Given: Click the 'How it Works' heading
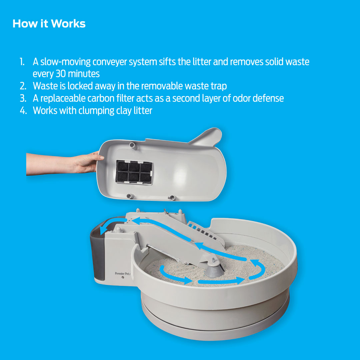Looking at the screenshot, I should (49, 24).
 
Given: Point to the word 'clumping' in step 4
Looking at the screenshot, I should (95, 111).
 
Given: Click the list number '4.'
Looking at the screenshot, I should (23, 111).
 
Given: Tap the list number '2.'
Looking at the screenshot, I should (23, 86).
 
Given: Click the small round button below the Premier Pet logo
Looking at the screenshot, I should (123, 278).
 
